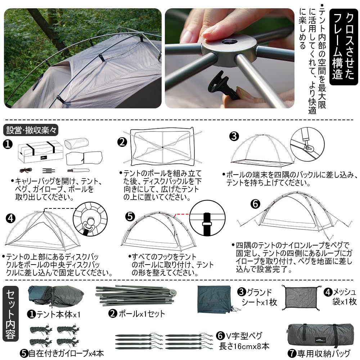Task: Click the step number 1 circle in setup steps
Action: [x=8, y=144]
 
